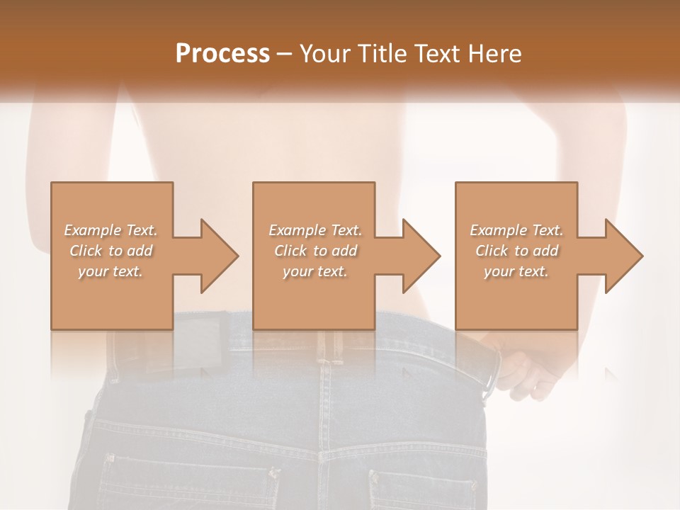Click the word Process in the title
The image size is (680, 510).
[222, 54]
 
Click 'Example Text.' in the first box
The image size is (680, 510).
[110, 230]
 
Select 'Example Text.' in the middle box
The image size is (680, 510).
[315, 230]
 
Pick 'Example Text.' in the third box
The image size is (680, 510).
[516, 230]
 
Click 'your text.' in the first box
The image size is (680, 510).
[110, 271]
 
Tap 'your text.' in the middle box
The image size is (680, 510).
[315, 271]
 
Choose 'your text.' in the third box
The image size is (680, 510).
[516, 271]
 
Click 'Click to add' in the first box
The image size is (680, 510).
[110, 251]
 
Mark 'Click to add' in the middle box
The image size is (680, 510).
[315, 251]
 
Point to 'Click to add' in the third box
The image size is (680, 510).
[516, 251]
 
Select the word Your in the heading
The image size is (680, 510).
[325, 54]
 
